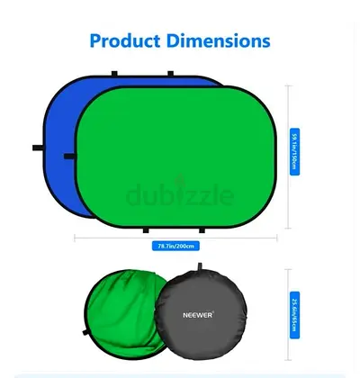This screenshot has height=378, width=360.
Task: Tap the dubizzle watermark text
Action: (180, 195)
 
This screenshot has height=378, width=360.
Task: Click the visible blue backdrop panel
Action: (58, 135)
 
